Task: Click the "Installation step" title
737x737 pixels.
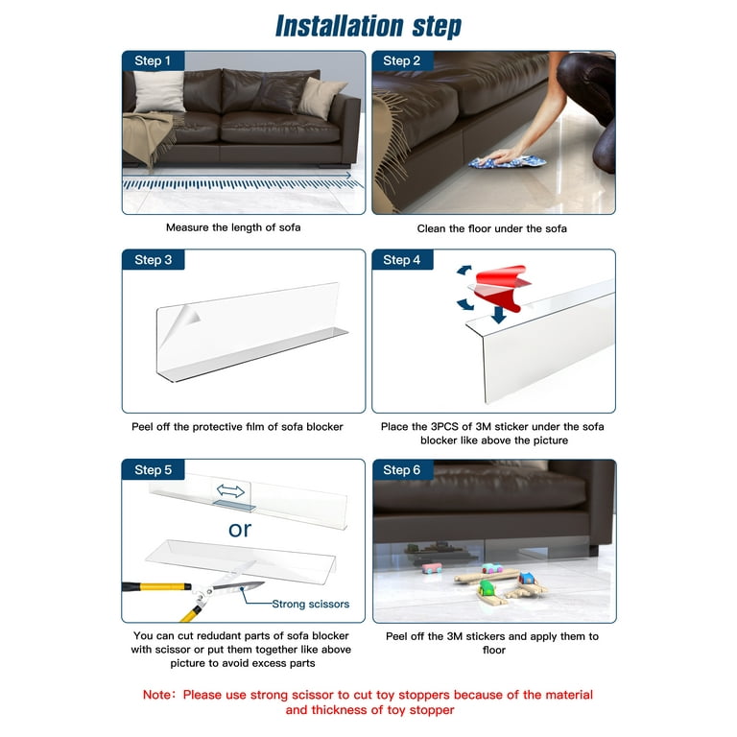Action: (368, 26)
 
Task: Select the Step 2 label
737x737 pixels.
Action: (401, 60)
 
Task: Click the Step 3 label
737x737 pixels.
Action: (153, 260)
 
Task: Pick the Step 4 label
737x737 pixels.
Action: (401, 260)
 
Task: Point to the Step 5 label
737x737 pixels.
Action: (153, 469)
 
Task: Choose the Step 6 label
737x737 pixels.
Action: (401, 469)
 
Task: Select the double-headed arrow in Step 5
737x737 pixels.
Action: (230, 490)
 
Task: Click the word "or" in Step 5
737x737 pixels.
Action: (240, 529)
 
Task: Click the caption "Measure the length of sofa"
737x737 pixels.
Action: (233, 227)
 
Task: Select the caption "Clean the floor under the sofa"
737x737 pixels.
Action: (491, 228)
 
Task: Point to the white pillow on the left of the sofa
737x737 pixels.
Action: (158, 92)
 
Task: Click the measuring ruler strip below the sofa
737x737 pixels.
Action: (240, 181)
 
